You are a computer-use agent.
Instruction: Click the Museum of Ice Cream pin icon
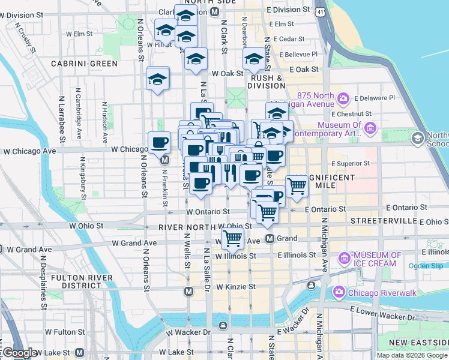345,259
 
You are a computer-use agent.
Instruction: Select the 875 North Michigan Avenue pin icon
343,98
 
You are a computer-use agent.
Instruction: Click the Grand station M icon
270,238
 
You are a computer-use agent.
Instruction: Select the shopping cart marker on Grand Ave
232,238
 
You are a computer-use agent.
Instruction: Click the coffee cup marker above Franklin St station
159,142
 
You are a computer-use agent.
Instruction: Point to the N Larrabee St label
62,119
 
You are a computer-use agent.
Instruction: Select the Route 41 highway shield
322,11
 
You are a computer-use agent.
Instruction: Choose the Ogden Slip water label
426,266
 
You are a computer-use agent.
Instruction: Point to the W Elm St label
76,34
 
